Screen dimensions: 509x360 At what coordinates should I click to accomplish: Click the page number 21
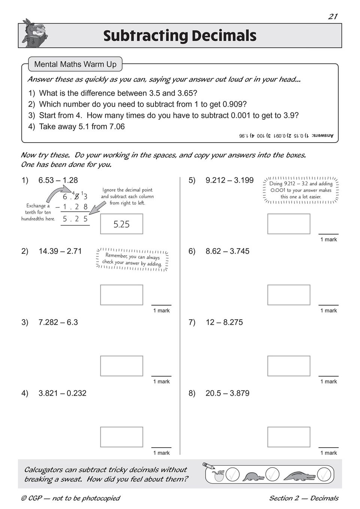pyautogui.click(x=333, y=16)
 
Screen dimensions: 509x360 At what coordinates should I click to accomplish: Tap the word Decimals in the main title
pyautogui.click(x=224, y=36)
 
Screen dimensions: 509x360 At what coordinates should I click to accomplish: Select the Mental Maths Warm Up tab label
pyautogui.click(x=75, y=64)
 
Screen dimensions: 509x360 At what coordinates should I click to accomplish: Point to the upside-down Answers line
pyautogui.click(x=286, y=135)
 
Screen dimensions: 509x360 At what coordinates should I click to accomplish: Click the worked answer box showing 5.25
pyautogui.click(x=121, y=224)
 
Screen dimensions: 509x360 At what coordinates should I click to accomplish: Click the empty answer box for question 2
pyautogui.click(x=121, y=295)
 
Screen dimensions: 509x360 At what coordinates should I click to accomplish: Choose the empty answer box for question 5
pyautogui.click(x=289, y=224)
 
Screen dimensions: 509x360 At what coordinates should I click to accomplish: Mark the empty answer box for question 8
pyautogui.click(x=289, y=437)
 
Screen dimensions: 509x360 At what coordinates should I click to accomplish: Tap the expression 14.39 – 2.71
pyautogui.click(x=60, y=251)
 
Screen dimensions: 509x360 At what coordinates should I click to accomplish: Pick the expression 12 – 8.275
pyautogui.click(x=224, y=322)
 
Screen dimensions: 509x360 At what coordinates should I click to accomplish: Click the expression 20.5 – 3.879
pyautogui.click(x=227, y=393)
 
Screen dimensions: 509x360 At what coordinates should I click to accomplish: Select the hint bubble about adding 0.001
pyautogui.click(x=301, y=190)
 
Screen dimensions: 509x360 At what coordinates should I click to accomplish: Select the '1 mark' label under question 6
pyautogui.click(x=329, y=311)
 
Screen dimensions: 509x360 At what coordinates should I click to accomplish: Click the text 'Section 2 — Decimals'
pyautogui.click(x=303, y=498)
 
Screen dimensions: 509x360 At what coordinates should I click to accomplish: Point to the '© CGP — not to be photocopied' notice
pyautogui.click(x=70, y=498)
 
